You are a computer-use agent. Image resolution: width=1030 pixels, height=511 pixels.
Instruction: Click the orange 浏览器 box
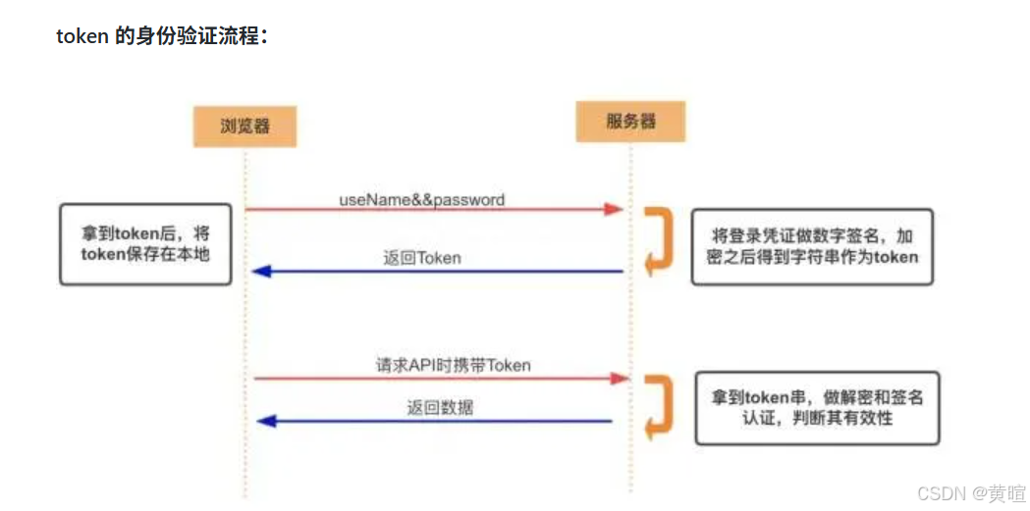[x=244, y=126]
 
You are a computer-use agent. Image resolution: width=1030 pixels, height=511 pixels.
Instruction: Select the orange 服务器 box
[x=630, y=122]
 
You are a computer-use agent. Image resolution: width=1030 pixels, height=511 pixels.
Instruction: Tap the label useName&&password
[x=421, y=199]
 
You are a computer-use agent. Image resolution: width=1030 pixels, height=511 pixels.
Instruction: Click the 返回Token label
[x=422, y=259]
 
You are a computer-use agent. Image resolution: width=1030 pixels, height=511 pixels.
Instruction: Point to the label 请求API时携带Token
[x=454, y=365]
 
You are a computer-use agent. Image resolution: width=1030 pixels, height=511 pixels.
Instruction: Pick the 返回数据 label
[x=440, y=407]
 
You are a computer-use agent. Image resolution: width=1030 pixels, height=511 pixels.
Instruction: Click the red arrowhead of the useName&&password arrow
[x=615, y=209]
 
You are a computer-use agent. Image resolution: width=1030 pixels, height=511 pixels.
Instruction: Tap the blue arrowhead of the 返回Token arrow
[x=260, y=272]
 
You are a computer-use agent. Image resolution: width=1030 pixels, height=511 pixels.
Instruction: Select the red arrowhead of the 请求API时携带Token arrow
[x=619, y=378]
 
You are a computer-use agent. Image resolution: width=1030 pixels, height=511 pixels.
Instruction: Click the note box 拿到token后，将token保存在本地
[x=145, y=244]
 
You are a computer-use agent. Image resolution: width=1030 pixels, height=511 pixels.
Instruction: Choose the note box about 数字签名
[x=811, y=246]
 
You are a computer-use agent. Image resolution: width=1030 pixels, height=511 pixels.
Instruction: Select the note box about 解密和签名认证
[x=817, y=408]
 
